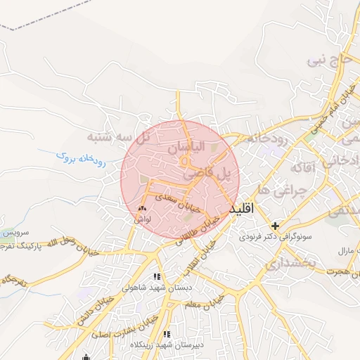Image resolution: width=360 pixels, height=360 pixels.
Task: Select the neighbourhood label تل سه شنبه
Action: point(116,136)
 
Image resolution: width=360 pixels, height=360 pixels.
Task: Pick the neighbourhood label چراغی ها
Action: point(283,191)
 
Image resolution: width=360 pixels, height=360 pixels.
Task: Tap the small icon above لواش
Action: point(142,208)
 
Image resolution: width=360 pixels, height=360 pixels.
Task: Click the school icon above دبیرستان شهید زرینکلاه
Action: point(167,335)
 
